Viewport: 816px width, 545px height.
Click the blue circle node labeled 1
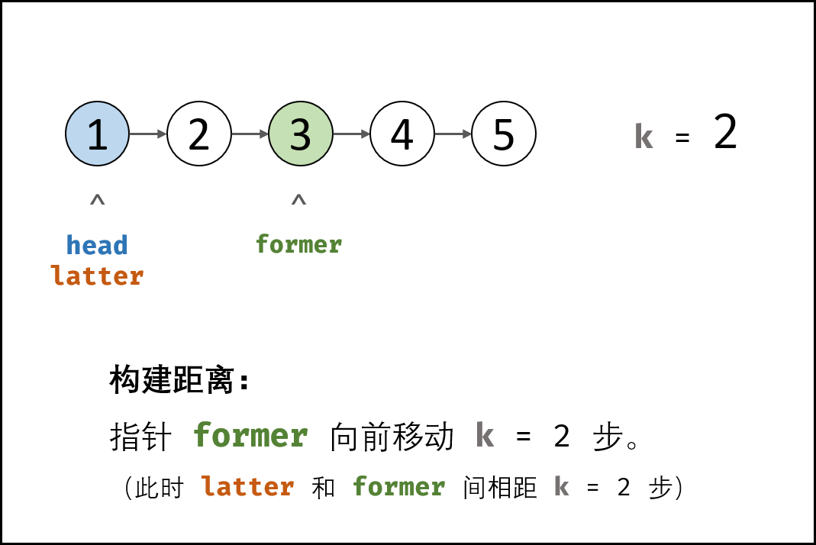tap(97, 134)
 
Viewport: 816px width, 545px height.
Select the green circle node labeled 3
tap(301, 134)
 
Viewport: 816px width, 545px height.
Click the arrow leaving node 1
tap(148, 134)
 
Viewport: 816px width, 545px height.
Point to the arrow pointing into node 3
tap(250, 134)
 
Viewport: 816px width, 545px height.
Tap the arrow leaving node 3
tap(352, 134)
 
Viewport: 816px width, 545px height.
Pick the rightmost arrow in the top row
tap(453, 134)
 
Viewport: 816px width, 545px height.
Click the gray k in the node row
tap(643, 137)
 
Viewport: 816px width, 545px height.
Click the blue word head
tap(97, 246)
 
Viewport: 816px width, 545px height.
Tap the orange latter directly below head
tap(97, 276)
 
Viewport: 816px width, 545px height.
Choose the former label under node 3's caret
tap(298, 245)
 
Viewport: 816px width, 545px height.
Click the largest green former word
tap(250, 436)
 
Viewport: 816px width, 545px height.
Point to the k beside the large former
tap(485, 436)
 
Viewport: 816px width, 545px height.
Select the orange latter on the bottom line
tap(248, 486)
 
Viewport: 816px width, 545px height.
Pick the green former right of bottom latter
tap(399, 486)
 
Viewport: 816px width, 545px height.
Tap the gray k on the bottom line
tap(561, 486)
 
